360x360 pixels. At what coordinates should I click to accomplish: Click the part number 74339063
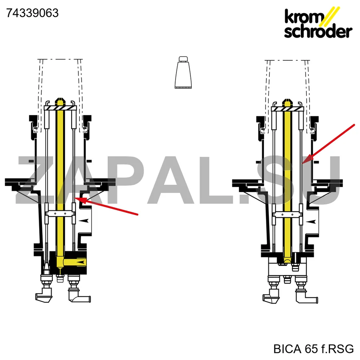tap(32, 13)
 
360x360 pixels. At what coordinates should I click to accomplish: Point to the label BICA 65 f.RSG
tap(313, 349)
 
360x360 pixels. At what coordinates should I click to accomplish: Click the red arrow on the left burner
tap(106, 206)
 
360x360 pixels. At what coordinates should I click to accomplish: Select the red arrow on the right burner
tap(328, 144)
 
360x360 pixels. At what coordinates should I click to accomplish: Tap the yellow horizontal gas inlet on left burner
tap(75, 262)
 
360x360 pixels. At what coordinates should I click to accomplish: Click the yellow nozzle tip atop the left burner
tap(60, 101)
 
